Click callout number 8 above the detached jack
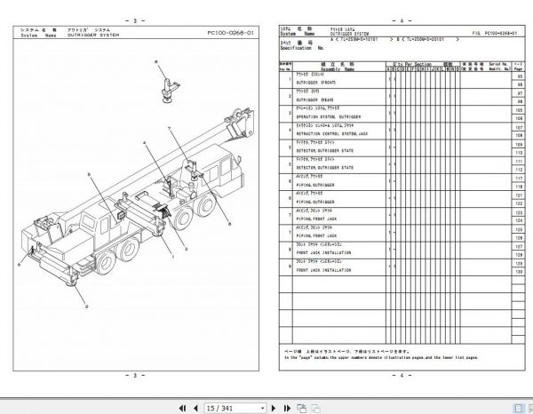[x=154, y=58]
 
